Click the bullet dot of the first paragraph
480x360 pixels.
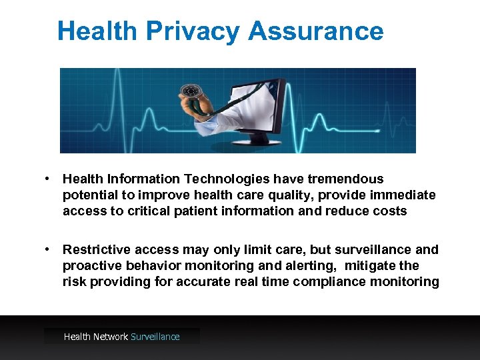[49, 179]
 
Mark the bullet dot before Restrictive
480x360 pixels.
[49, 249]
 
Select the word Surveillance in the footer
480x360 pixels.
[155, 337]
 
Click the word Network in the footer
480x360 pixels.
[111, 337]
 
